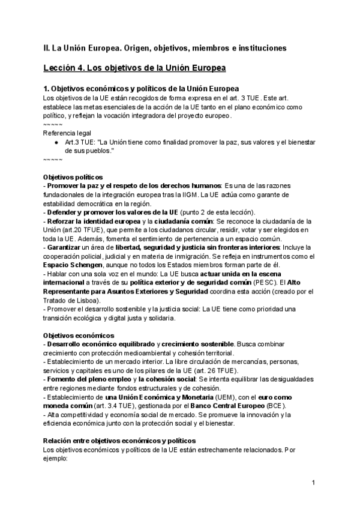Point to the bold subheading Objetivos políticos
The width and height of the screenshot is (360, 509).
pyautogui.click(x=73, y=178)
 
